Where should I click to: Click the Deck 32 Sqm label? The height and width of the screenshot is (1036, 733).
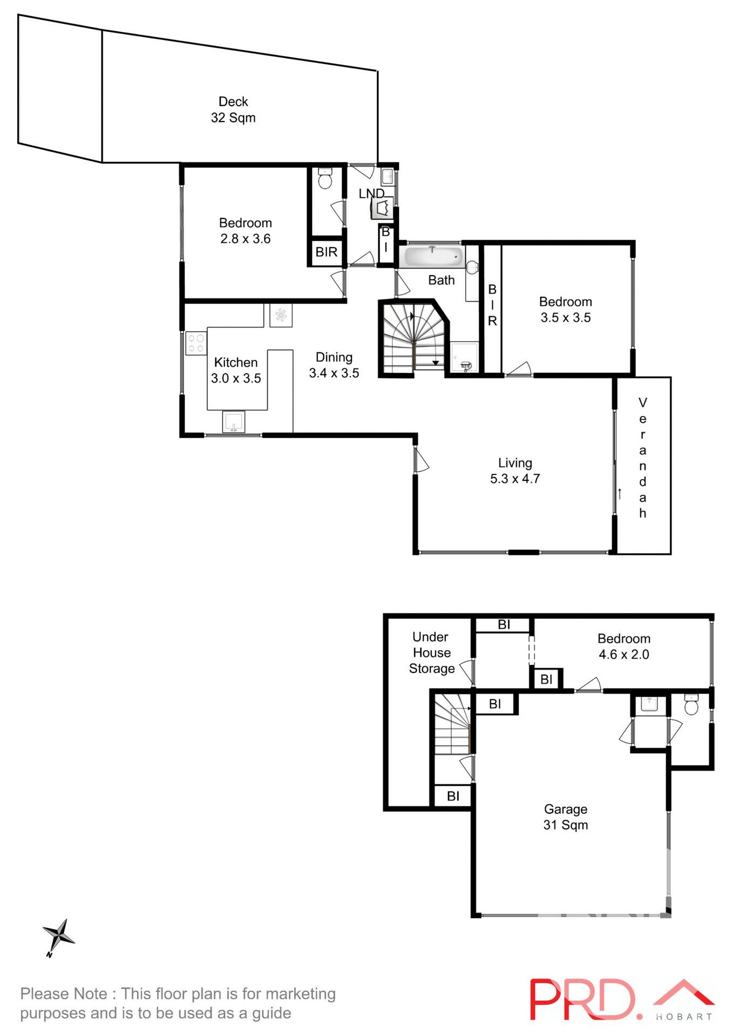(233, 110)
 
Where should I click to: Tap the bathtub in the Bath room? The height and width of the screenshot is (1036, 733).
(433, 257)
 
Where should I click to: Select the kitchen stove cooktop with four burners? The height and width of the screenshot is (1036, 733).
(196, 343)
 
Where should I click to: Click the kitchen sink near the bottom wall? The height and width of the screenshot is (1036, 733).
(233, 422)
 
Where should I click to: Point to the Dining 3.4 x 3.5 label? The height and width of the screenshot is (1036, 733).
(334, 365)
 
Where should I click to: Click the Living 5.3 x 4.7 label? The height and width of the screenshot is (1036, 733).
(515, 471)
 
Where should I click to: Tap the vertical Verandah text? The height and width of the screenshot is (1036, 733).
(642, 458)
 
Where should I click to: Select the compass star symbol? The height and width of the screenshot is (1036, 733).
(58, 936)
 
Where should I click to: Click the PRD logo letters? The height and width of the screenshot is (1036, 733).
(583, 999)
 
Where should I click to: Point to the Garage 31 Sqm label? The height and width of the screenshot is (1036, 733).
(565, 816)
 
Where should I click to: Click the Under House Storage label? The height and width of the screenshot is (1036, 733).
(431, 652)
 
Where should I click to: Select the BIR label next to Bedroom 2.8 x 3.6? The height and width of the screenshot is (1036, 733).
(326, 252)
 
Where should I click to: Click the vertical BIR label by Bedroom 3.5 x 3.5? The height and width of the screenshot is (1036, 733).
(492, 305)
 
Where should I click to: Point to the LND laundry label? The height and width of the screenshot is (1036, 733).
(371, 193)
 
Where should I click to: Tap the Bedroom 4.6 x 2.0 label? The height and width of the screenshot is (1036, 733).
(623, 646)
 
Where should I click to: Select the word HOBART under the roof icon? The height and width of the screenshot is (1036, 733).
(684, 1017)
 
